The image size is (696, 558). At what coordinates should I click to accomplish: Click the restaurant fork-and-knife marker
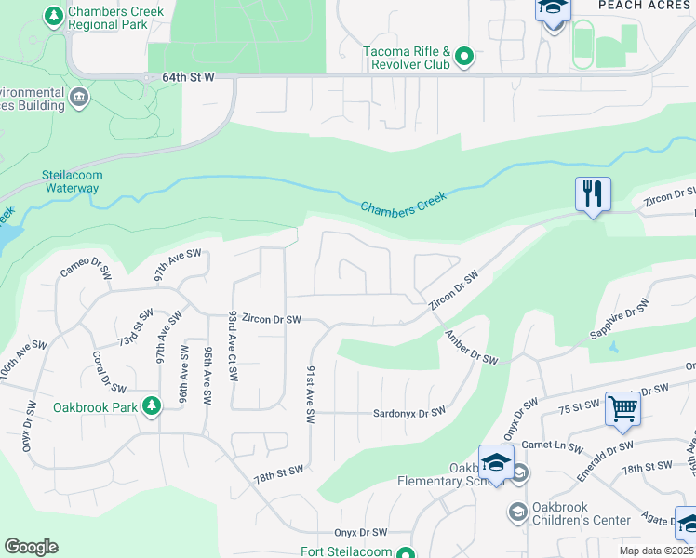(x=593, y=194)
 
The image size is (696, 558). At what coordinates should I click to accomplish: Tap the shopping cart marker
(x=622, y=408)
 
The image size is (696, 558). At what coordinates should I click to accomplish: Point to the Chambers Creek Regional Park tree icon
(x=54, y=17)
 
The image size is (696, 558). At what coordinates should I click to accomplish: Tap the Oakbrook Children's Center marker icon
(x=518, y=512)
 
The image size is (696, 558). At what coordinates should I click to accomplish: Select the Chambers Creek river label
(x=404, y=203)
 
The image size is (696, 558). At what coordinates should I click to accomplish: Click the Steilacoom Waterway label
(x=70, y=180)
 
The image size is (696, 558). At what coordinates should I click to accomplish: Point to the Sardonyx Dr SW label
(x=408, y=412)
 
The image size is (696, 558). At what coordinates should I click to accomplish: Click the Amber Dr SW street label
(x=471, y=348)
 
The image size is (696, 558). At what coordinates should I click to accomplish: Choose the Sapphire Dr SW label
(x=619, y=320)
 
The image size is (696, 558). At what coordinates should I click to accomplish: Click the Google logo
(x=31, y=547)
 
